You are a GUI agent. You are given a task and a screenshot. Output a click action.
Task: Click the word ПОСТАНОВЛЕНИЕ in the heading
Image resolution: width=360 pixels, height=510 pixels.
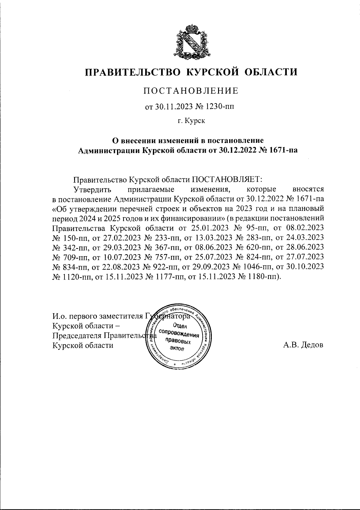pyautogui.click(x=191, y=91)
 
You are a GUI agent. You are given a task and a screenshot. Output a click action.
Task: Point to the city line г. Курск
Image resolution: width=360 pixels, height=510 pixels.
pyautogui.click(x=191, y=121)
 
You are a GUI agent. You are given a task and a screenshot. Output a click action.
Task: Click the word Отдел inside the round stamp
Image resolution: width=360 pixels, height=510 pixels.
pyautogui.click(x=180, y=326)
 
